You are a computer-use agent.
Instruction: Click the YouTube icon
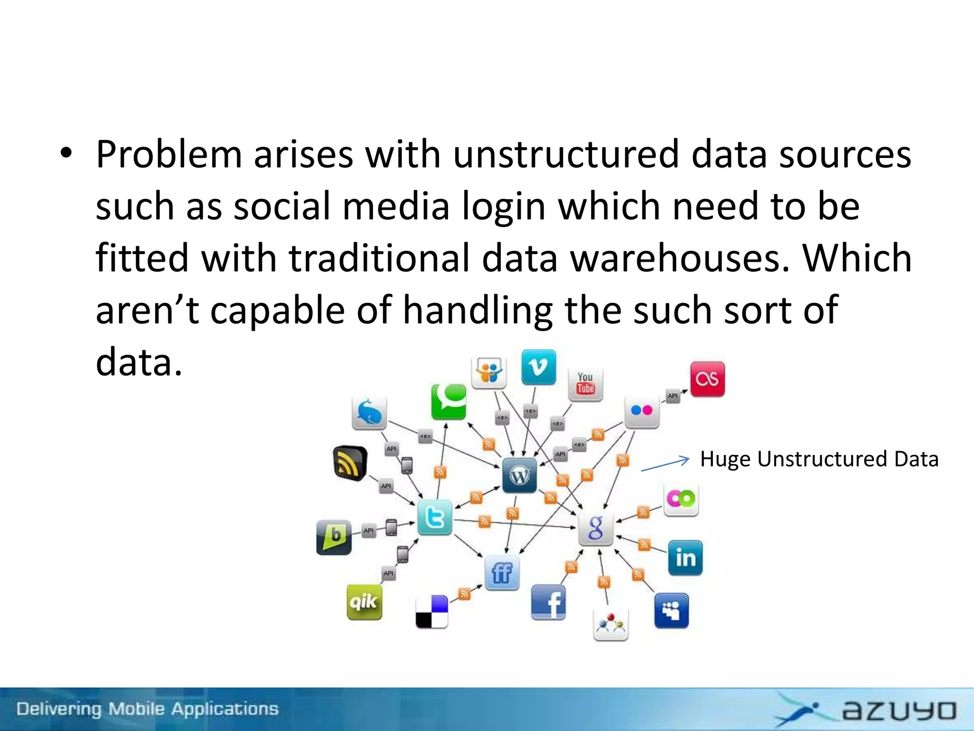point(585,383)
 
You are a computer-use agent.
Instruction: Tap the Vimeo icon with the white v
point(538,367)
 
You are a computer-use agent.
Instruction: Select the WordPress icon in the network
point(519,475)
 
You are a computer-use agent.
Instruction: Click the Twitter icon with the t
point(435,517)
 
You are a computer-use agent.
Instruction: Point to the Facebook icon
point(548,603)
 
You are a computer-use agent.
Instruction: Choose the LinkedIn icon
point(685,558)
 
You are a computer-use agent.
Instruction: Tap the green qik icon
point(364,602)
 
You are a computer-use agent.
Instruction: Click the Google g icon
point(595,528)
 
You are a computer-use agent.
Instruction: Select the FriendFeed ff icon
point(502,573)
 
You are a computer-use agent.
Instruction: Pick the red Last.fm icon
point(707,379)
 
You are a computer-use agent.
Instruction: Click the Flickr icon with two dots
point(642,410)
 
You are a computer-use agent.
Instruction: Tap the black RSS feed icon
point(350,463)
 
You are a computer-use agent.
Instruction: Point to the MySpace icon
point(671,611)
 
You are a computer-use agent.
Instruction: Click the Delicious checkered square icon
point(432,612)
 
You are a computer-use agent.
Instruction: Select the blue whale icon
point(370,413)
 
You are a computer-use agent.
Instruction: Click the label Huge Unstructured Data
point(819,459)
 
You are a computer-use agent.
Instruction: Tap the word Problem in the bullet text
point(169,155)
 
